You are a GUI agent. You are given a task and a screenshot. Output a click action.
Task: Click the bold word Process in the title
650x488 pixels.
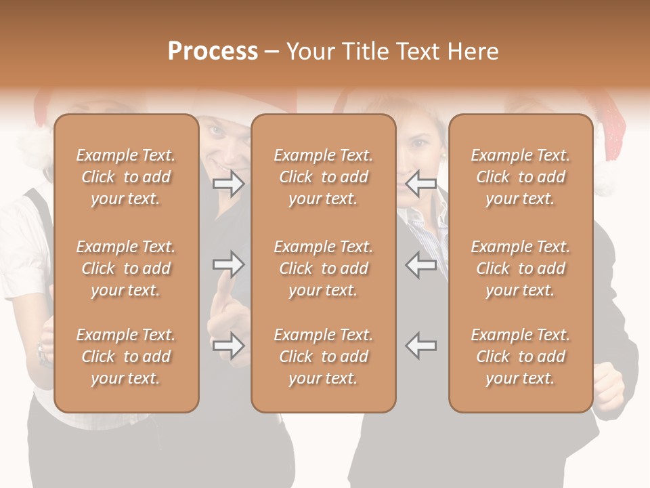[213, 52]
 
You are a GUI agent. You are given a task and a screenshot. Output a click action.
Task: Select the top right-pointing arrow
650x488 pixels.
[229, 183]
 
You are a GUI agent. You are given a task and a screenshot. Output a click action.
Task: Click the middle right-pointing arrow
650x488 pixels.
[229, 264]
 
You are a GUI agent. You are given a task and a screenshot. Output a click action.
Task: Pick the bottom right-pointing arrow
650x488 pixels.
[229, 346]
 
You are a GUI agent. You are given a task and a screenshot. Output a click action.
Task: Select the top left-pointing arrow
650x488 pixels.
[421, 183]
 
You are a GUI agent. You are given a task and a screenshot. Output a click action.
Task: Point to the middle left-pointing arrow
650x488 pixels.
[421, 264]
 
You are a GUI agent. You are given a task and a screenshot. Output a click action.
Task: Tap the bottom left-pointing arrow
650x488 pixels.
[421, 346]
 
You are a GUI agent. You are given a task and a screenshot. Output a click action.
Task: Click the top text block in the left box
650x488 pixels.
[126, 177]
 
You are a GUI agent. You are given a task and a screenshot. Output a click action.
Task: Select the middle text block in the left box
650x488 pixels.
[126, 268]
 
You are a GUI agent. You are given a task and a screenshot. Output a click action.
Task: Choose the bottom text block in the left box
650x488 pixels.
[126, 357]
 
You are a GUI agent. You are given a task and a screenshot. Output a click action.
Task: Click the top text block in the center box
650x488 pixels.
[324, 177]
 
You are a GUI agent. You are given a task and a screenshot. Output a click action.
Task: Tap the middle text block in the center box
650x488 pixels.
[324, 268]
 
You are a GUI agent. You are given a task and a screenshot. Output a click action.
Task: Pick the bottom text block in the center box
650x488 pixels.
[324, 357]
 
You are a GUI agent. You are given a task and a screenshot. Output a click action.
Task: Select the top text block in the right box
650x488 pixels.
[521, 177]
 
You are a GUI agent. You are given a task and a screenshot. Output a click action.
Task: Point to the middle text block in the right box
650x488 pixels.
[521, 268]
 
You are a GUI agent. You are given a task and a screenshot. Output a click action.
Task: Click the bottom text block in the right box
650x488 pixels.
[521, 357]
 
